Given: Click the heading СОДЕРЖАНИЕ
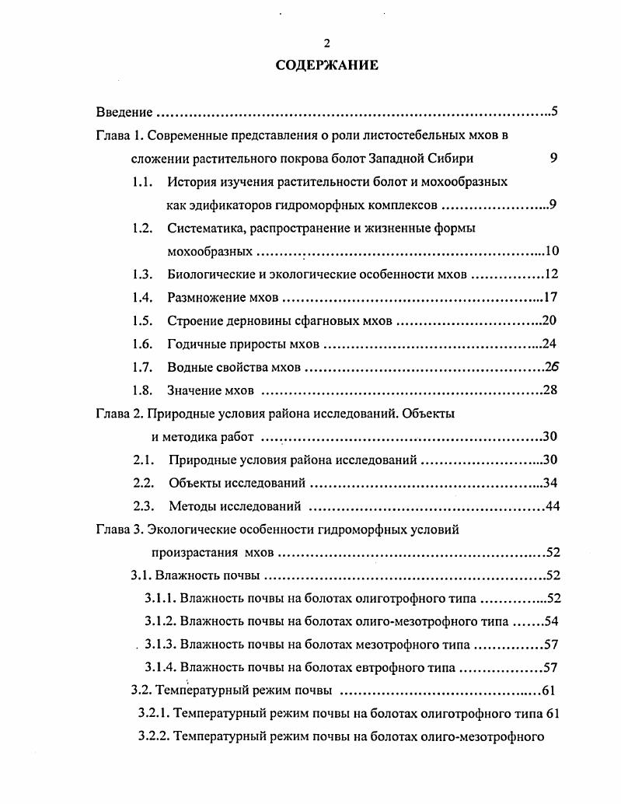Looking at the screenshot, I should (327, 65).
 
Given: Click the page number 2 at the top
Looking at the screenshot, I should (326, 44).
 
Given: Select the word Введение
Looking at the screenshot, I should (124, 112).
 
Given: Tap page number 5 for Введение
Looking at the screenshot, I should (554, 111).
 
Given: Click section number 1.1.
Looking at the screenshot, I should (141, 182).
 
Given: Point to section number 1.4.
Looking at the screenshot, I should (141, 297).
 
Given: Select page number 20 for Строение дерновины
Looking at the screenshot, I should (550, 320).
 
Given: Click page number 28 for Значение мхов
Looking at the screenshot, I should (550, 390).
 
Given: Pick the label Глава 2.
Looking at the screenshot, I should (119, 414).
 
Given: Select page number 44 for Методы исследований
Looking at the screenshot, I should (552, 507).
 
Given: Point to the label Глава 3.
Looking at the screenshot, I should (119, 530).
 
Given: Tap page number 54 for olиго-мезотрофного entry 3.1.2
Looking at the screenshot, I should (552, 621).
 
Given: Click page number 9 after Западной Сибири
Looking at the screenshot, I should (553, 159).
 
